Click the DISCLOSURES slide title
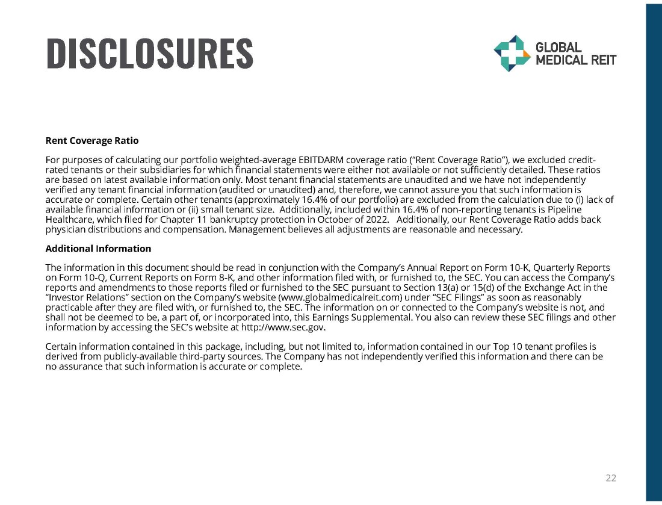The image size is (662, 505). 150,53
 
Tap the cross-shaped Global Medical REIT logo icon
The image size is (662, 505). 510,53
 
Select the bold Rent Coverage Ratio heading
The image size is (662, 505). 92,141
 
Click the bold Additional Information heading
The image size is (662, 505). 98,249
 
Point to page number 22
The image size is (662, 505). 611,479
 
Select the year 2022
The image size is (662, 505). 373,220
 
